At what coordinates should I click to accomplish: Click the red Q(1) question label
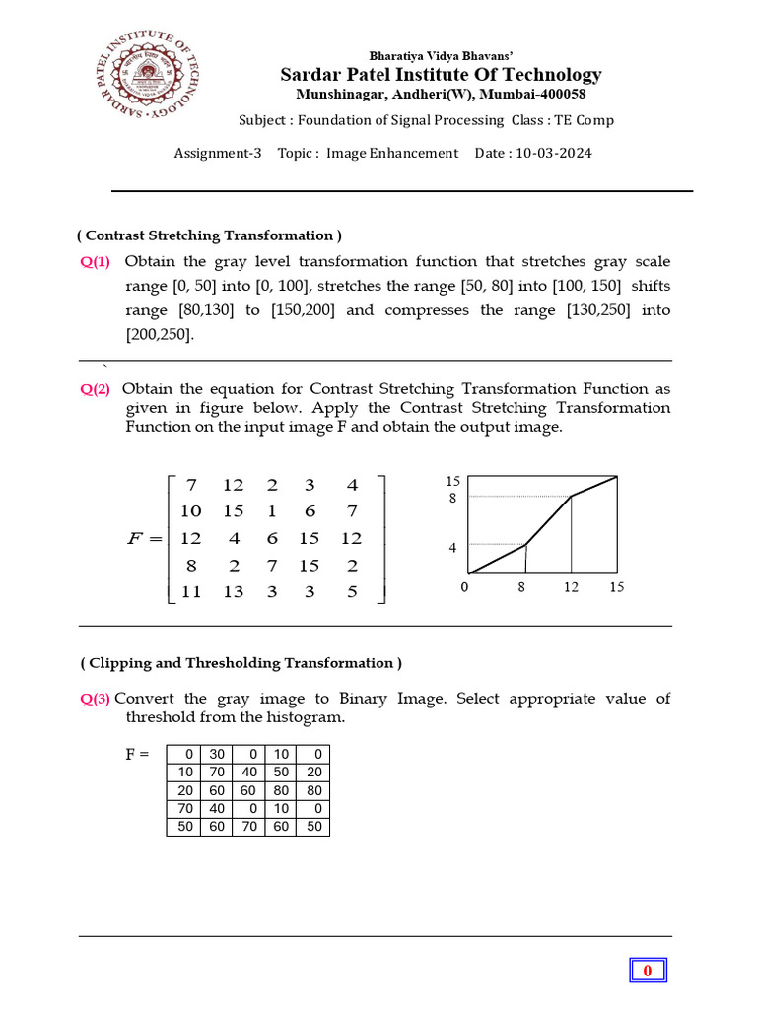click(96, 262)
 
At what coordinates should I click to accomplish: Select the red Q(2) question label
click(96, 389)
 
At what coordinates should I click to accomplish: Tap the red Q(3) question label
click(96, 699)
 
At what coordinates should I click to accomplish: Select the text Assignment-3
click(218, 153)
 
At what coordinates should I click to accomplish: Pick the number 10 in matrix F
click(190, 511)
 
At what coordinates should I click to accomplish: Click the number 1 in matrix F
click(271, 511)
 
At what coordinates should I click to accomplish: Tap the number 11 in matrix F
click(190, 592)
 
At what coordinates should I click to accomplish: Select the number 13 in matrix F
click(233, 592)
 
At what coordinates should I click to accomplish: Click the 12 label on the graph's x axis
click(572, 587)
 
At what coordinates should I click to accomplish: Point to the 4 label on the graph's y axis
click(453, 547)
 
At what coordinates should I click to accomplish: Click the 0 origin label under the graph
click(464, 587)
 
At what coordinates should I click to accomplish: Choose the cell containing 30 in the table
click(216, 754)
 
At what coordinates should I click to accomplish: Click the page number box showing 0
click(648, 971)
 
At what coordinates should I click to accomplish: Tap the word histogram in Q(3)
click(304, 717)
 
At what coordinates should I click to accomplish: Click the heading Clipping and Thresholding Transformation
click(241, 663)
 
